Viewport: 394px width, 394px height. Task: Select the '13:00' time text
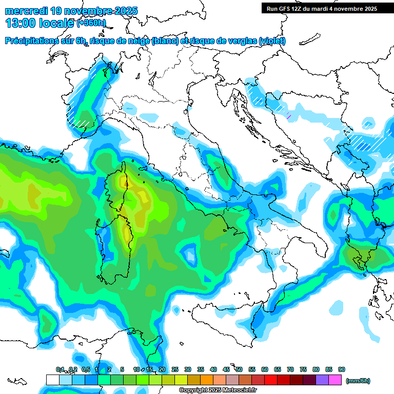click(20, 23)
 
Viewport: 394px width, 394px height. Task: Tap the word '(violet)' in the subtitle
click(272, 41)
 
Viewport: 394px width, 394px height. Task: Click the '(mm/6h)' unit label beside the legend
click(358, 381)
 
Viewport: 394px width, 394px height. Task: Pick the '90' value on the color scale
click(342, 369)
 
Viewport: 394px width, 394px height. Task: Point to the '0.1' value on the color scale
click(60, 369)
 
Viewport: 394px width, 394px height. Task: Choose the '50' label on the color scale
click(239, 369)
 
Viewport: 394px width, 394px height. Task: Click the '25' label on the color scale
click(175, 369)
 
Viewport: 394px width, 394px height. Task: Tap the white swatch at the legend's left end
click(52, 380)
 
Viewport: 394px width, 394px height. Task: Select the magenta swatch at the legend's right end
click(335, 380)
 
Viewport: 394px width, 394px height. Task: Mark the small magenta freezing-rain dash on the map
click(289, 117)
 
